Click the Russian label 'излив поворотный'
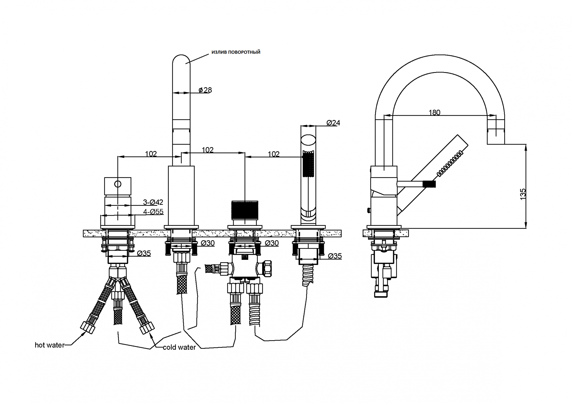click(x=236, y=52)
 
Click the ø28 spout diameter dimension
click(x=205, y=90)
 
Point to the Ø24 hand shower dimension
click(x=333, y=123)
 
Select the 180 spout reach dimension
click(x=434, y=112)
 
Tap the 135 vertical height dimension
click(x=523, y=194)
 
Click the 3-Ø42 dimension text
click(x=153, y=202)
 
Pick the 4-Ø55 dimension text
click(x=153, y=212)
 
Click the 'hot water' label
click(x=50, y=345)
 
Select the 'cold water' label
click(x=179, y=347)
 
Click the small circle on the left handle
click(x=118, y=184)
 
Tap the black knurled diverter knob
click(x=245, y=210)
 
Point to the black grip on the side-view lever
click(x=429, y=183)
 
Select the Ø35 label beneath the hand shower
click(x=335, y=256)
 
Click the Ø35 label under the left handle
click(x=144, y=253)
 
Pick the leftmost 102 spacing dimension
click(x=151, y=154)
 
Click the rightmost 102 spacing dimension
click(x=274, y=154)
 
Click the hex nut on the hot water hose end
click(x=88, y=327)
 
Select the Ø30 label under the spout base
click(x=208, y=243)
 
